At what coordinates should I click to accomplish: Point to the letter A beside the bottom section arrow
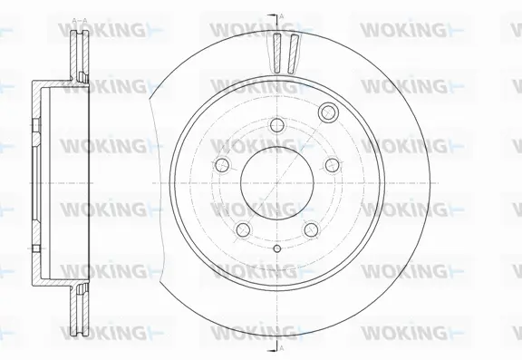tap(282, 347)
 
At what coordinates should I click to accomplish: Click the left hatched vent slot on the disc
tap(277, 53)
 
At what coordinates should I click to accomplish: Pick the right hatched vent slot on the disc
tap(293, 53)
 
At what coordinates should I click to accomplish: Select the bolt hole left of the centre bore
tap(221, 165)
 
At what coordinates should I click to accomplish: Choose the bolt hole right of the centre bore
tap(332, 164)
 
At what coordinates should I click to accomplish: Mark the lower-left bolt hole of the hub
tap(242, 229)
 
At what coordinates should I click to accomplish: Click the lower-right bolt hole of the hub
tap(310, 229)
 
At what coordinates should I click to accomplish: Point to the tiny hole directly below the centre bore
tap(276, 248)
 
